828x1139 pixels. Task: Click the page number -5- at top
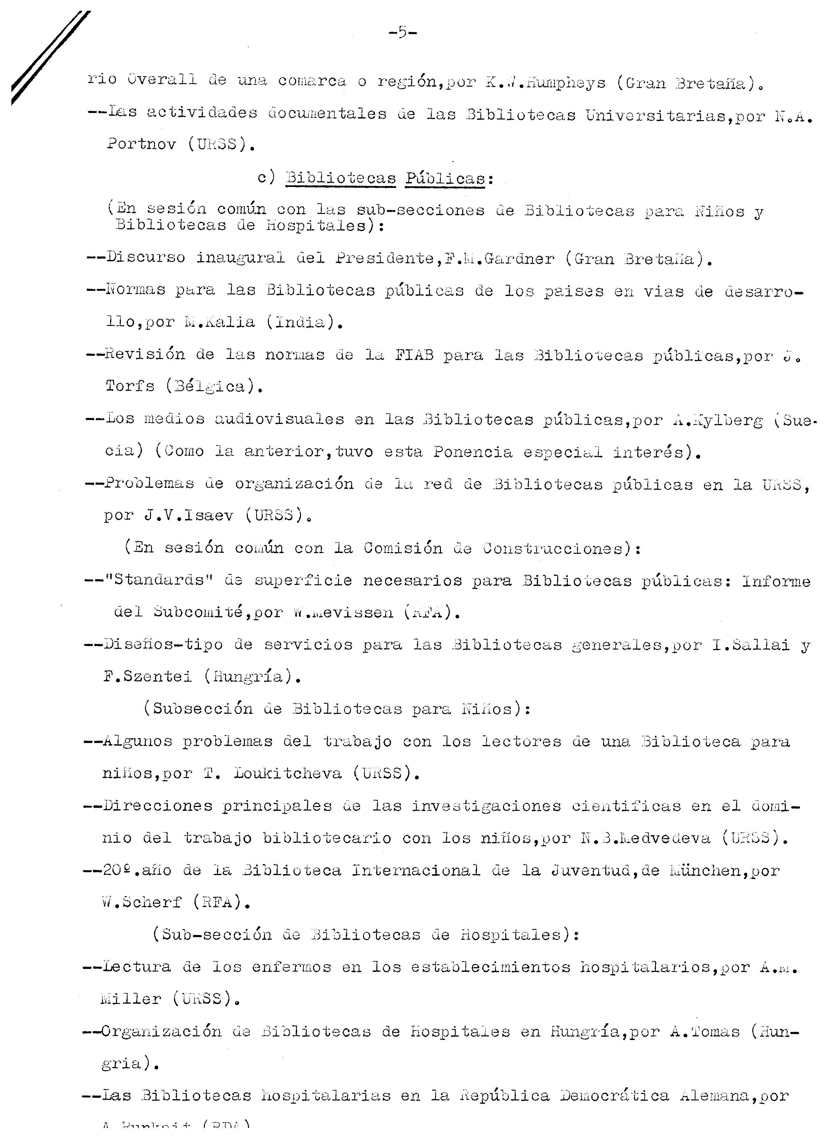tap(402, 33)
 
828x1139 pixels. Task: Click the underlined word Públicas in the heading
tap(445, 179)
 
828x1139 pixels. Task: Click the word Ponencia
tap(473, 452)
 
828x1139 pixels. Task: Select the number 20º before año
tap(117, 870)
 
